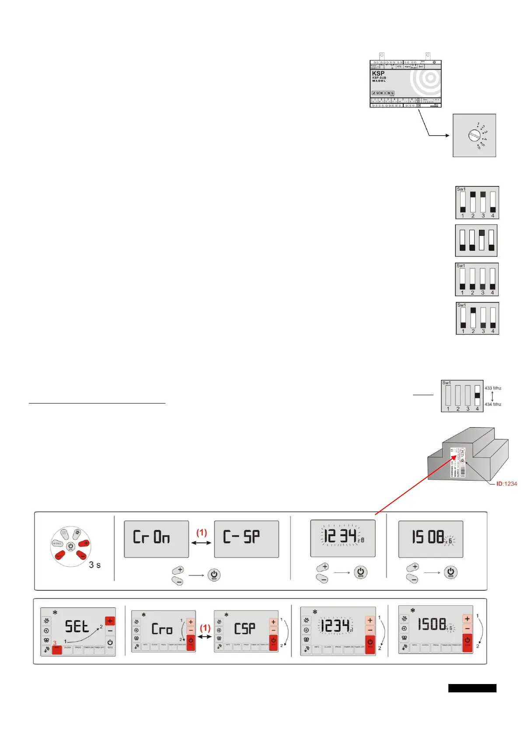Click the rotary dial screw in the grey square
click(474, 135)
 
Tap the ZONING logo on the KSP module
click(383, 93)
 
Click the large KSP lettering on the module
click(378, 74)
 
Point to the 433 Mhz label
click(493, 388)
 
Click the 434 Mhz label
click(493, 404)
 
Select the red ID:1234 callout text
click(507, 484)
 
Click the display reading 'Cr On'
click(156, 539)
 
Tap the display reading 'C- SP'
click(246, 539)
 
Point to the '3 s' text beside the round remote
click(94, 565)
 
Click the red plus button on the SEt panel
click(110, 621)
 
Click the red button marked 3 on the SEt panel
click(57, 649)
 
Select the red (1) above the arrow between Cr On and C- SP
click(201, 533)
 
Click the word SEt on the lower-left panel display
click(77, 627)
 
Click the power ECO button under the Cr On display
click(214, 575)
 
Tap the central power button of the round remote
click(71, 546)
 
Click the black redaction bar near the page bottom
click(472, 688)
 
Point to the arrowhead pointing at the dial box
click(447, 135)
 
